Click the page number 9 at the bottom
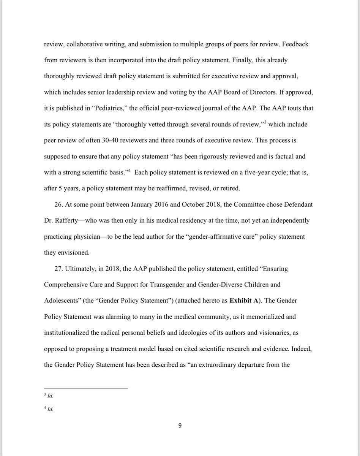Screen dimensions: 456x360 [x=180, y=426]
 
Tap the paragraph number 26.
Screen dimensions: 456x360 [x=58, y=204]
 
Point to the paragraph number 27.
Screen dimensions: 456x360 [x=58, y=269]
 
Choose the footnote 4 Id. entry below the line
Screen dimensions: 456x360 [x=49, y=410]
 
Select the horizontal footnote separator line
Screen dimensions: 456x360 [x=86, y=389]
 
